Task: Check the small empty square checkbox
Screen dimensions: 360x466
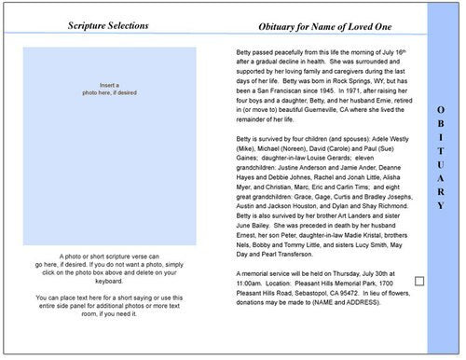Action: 418,281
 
